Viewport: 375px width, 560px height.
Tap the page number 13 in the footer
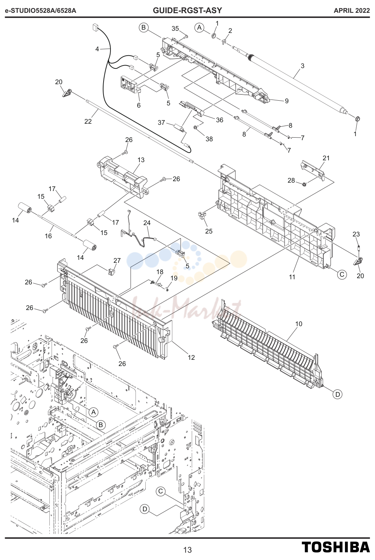coord(187,550)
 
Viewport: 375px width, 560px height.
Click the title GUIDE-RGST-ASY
coord(187,10)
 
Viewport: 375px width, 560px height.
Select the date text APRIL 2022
coord(352,11)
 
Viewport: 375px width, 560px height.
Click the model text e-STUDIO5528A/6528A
coord(41,11)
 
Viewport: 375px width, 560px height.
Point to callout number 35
coord(175,29)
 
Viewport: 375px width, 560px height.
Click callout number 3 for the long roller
coord(303,66)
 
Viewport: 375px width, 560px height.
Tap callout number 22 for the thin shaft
coord(88,121)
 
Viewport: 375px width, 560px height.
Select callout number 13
coord(141,160)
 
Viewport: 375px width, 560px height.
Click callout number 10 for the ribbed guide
coord(299,324)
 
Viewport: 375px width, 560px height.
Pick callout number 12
coord(191,358)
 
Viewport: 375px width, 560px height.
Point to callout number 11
coord(292,277)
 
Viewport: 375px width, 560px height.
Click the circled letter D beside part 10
coord(338,394)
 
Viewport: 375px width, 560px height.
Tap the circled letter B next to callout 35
coord(144,27)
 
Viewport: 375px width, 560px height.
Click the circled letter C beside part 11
coord(342,275)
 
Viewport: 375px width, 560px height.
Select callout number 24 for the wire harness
coord(147,223)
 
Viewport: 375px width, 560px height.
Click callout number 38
coord(209,139)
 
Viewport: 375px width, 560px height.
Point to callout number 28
coord(291,180)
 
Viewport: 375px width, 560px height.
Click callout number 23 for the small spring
coord(356,234)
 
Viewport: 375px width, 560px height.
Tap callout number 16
coord(48,236)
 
